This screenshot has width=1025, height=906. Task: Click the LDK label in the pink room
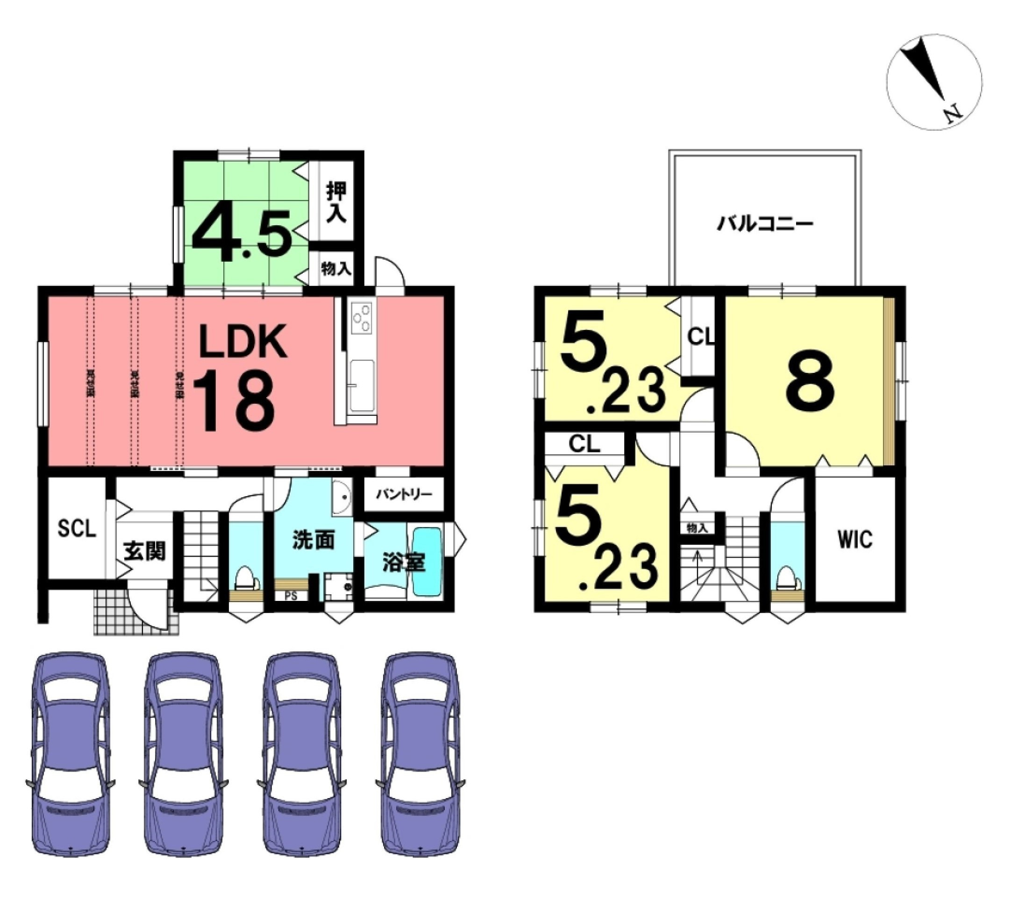coord(243,341)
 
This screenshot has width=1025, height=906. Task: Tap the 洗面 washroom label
coord(313,541)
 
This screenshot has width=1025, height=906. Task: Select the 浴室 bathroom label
coord(404,563)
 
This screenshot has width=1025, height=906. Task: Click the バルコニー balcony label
coord(764,224)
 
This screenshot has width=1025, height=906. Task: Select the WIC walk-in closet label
coord(854,540)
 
